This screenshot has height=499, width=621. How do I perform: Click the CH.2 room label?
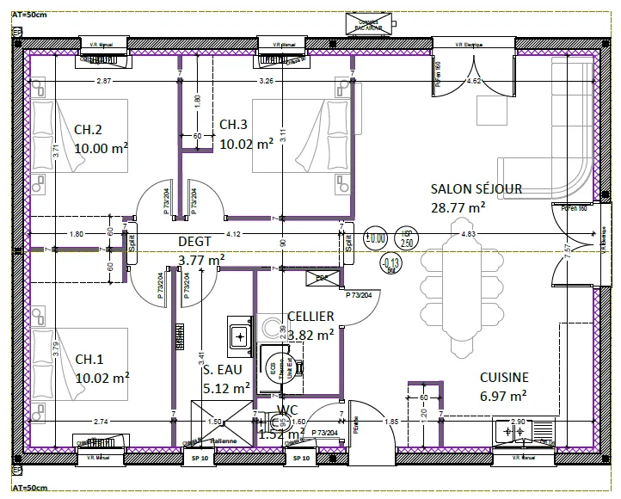(89, 130)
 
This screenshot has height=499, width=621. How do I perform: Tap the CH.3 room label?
(234, 124)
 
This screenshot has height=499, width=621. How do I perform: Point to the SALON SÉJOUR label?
(476, 189)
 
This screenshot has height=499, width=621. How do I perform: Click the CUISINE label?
(503, 377)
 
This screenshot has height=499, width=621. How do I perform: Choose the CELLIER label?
(310, 317)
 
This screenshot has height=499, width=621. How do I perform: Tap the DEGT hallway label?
(194, 242)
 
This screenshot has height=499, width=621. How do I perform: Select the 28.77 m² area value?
(458, 207)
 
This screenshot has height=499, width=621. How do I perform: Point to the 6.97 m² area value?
(503, 396)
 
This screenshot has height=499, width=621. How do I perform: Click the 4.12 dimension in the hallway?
(232, 234)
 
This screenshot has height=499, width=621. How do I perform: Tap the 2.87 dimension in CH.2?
(104, 81)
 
